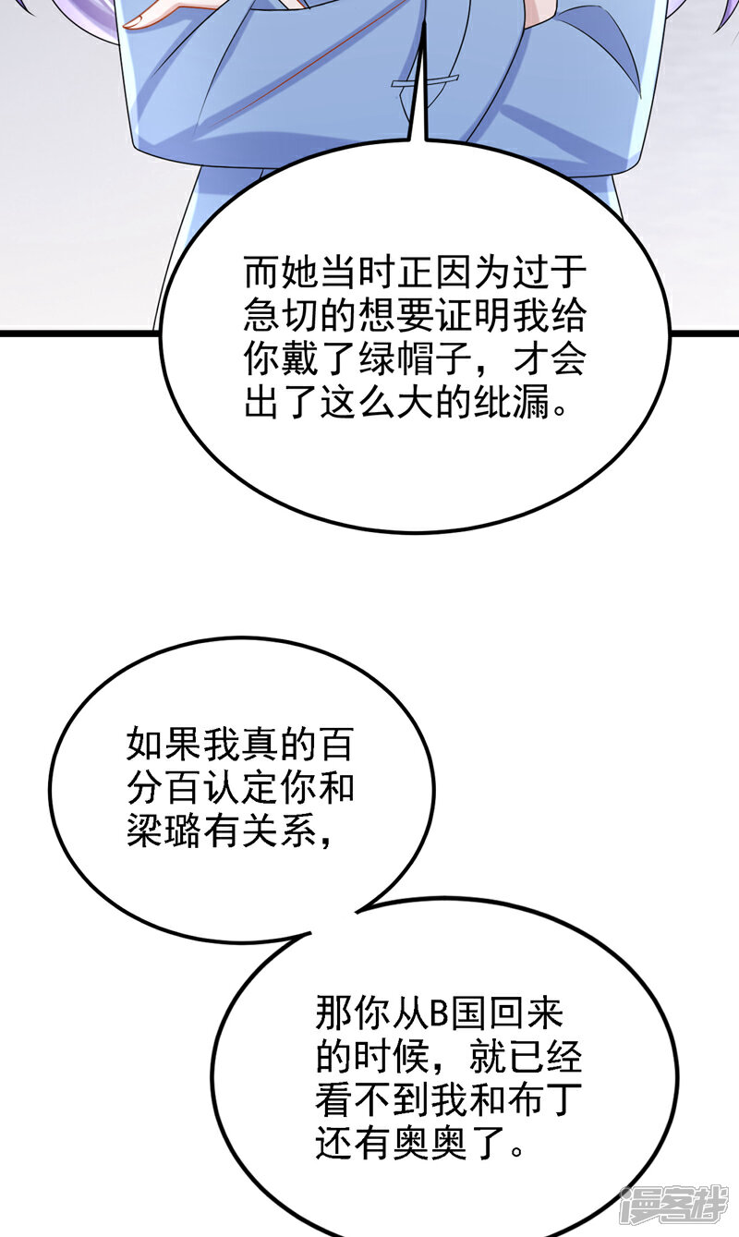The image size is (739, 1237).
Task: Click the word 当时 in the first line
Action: [339, 273]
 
